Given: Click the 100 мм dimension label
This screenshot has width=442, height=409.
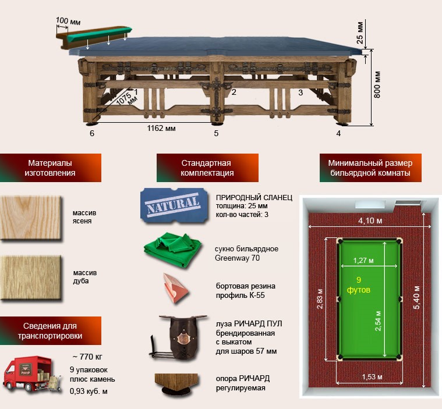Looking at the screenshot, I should [x=68, y=21].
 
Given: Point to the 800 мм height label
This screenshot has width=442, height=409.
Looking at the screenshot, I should [x=377, y=85].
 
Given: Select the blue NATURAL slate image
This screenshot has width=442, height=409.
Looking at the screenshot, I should [x=174, y=205].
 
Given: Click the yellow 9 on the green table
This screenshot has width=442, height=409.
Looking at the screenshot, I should [x=358, y=279].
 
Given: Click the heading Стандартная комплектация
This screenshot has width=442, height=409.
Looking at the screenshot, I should [x=207, y=168].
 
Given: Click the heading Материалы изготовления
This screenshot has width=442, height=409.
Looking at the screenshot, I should [x=51, y=168].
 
